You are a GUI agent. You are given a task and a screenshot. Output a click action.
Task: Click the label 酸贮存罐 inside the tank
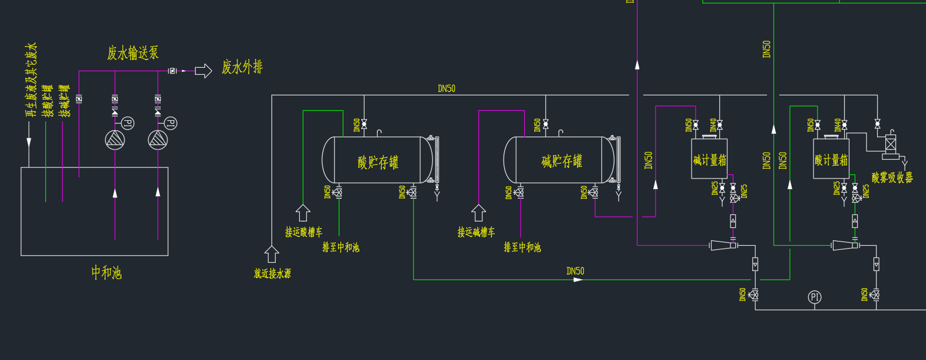pos(378,162)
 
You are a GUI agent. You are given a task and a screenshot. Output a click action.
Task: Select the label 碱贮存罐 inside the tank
pos(561,161)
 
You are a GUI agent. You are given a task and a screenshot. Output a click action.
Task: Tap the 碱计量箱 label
pos(709,160)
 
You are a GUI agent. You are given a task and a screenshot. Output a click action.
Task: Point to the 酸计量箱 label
pos(831,160)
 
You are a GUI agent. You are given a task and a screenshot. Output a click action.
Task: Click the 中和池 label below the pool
pos(106,272)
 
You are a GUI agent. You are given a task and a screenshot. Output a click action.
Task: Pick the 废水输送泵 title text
pos(133,53)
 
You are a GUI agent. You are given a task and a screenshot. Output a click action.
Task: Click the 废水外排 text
pos(242,67)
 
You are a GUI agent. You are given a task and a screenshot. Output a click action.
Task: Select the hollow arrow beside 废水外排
pos(203,71)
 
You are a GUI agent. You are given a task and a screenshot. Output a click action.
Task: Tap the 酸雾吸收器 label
pos(892,177)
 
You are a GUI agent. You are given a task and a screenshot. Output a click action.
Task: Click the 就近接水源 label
pos(272,273)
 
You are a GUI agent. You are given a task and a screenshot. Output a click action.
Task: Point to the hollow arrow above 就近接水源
pos(272,254)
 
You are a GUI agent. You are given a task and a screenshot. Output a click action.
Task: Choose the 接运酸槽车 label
pos(303,232)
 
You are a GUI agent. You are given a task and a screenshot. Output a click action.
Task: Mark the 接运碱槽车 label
pos(476,232)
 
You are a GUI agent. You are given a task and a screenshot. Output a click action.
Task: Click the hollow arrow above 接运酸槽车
pos(303,213)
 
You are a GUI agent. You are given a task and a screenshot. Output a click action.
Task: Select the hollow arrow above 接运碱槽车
pos(478,213)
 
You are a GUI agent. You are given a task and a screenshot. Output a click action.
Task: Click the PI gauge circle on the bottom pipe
pos(815,297)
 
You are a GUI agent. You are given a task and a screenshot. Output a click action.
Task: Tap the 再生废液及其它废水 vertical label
pos(31,80)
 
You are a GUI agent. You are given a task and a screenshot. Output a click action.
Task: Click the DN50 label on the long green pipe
pos(575,271)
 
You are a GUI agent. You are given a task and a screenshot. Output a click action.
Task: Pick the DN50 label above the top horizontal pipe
pos(447,88)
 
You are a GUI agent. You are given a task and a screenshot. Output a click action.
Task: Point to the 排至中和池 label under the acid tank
pos(340,247)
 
